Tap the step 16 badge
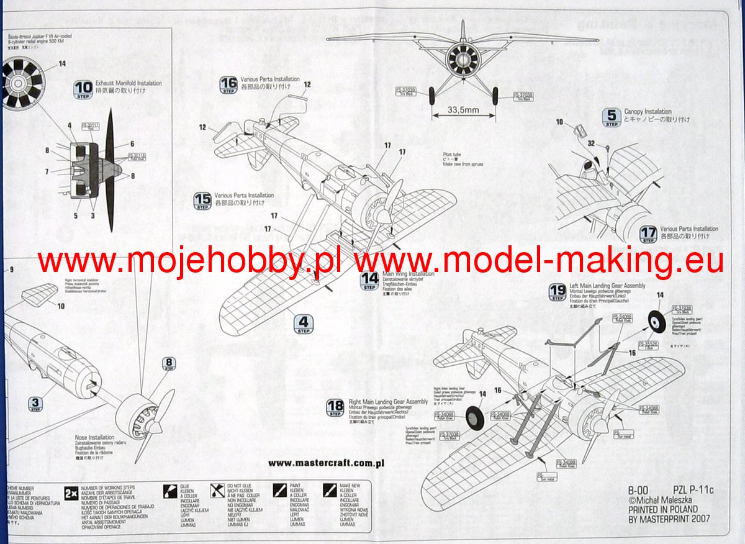click(228, 86)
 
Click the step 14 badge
click(369, 281)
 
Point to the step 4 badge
click(303, 324)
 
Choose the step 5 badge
click(612, 117)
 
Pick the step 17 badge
click(648, 234)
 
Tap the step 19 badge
click(558, 291)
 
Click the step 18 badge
click(335, 408)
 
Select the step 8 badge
click(169, 364)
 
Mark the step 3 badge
click(35, 404)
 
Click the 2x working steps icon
click(71, 494)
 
